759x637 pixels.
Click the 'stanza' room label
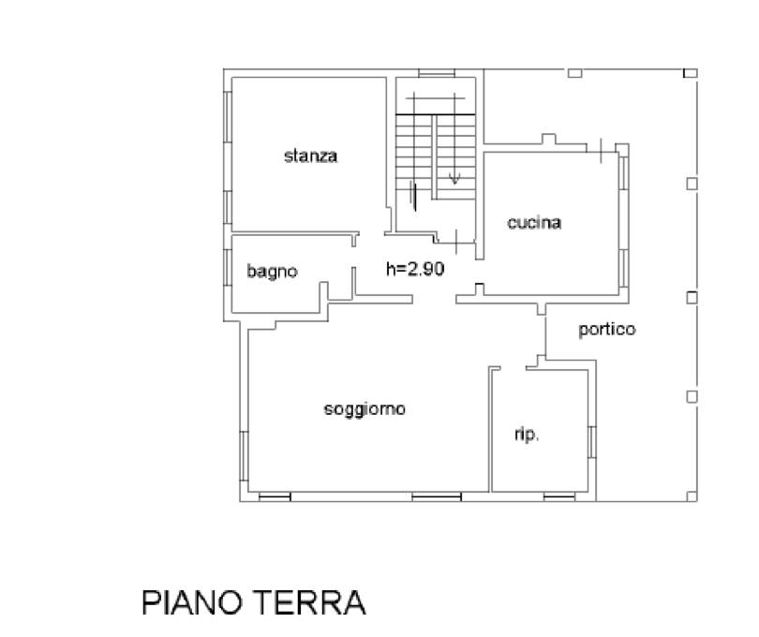click(x=310, y=156)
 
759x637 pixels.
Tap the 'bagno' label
click(x=272, y=271)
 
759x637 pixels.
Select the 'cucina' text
click(x=534, y=223)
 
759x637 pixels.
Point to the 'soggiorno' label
click(x=365, y=409)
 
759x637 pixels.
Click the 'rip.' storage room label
click(x=527, y=434)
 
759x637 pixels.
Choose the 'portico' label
click(x=607, y=330)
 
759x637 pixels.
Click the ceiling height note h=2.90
click(x=415, y=269)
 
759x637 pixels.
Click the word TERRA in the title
click(x=309, y=602)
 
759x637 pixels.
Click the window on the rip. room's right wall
click(x=592, y=442)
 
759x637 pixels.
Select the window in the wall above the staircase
click(x=437, y=74)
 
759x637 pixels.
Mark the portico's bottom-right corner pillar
click(x=692, y=496)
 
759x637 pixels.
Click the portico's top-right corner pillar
click(x=691, y=74)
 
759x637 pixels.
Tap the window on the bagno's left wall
click(x=228, y=267)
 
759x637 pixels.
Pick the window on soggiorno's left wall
click(x=244, y=456)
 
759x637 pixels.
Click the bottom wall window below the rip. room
click(x=559, y=496)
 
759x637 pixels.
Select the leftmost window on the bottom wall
click(x=275, y=496)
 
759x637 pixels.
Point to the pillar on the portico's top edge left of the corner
click(x=574, y=73)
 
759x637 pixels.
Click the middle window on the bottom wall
click(x=437, y=496)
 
